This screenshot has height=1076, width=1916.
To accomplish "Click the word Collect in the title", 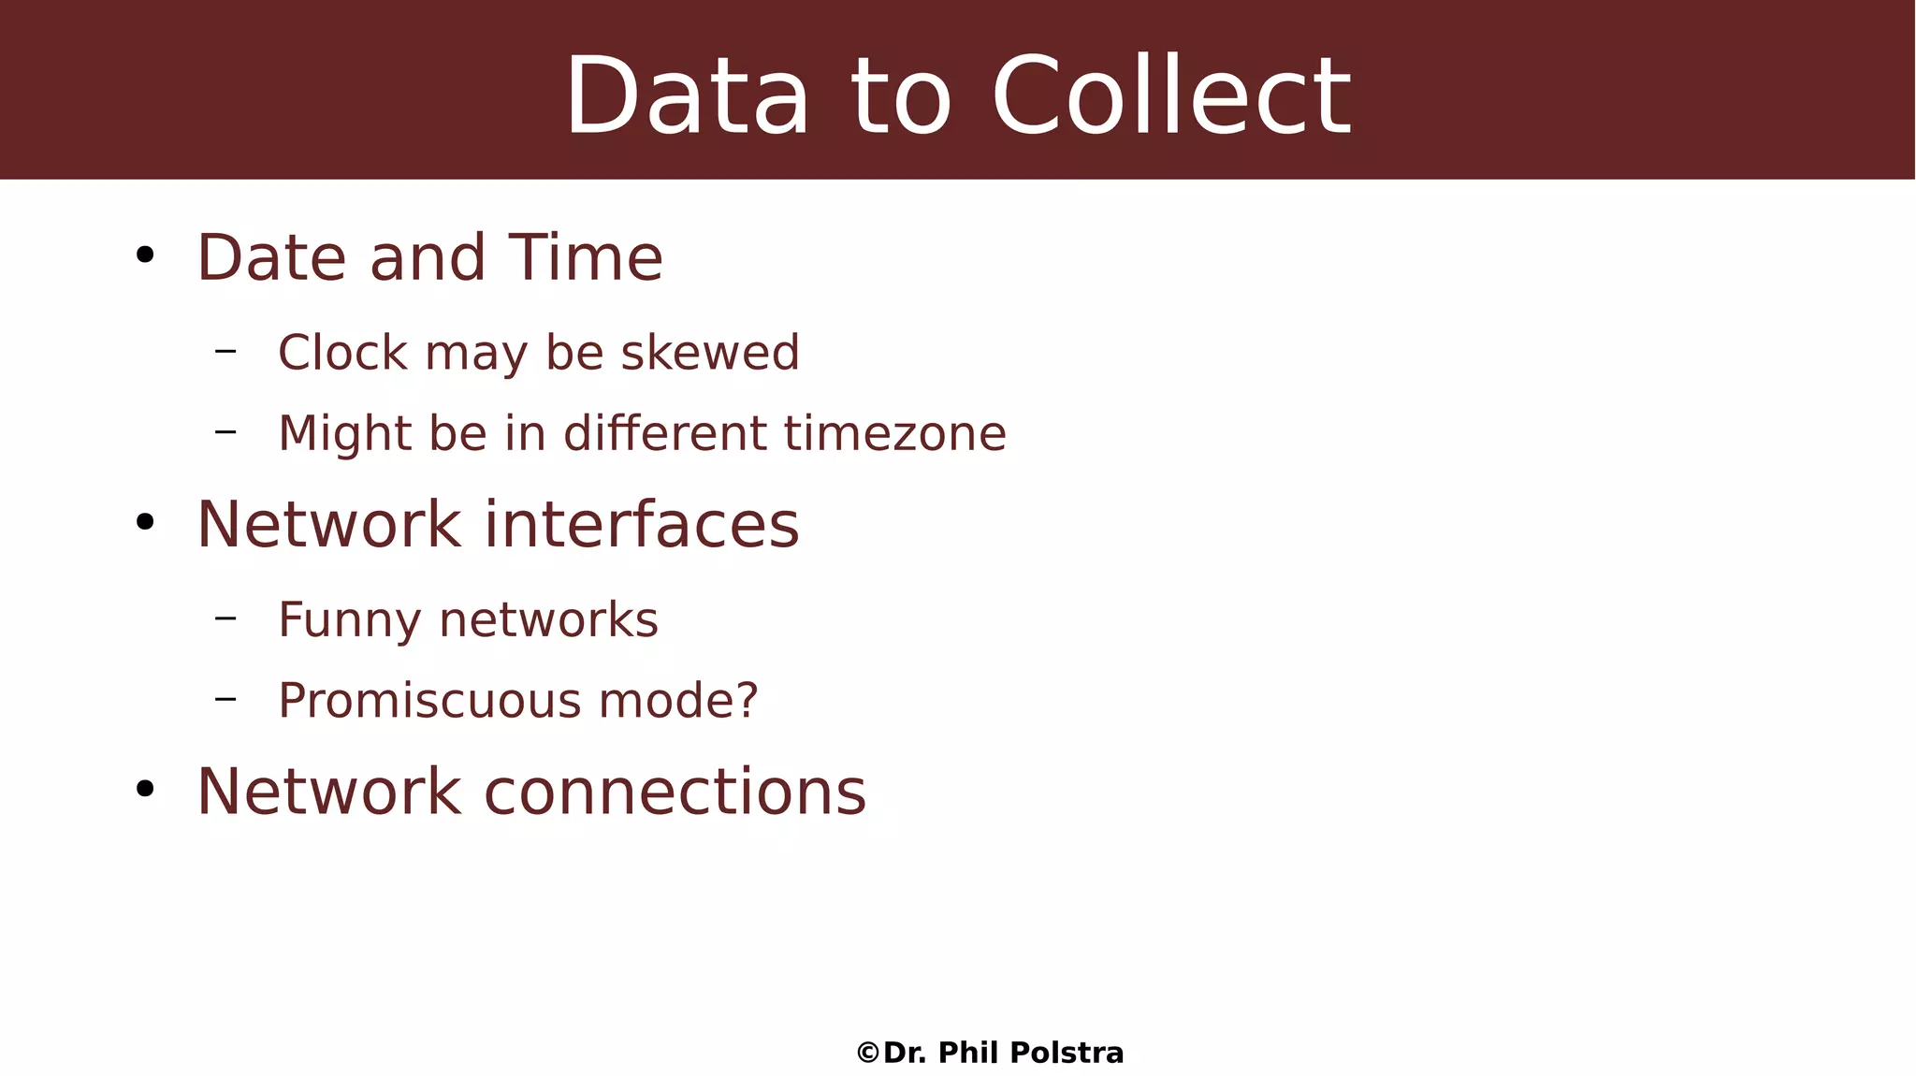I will point(1171,96).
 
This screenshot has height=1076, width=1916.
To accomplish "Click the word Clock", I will point(343,353).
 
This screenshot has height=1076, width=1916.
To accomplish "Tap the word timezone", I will point(894,433).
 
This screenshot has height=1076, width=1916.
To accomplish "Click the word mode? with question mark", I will point(678,701).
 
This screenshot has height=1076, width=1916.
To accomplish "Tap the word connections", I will point(675,792).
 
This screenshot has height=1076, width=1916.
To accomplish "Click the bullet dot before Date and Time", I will point(144,254).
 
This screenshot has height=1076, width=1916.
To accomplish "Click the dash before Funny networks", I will point(225,618).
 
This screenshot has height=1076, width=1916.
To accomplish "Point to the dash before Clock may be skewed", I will point(225,351).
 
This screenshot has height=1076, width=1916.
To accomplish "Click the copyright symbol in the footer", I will point(868,1054).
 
